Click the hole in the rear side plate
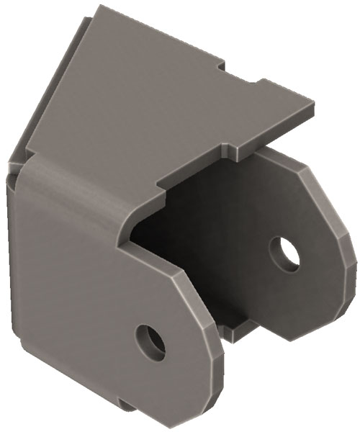[285, 253]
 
